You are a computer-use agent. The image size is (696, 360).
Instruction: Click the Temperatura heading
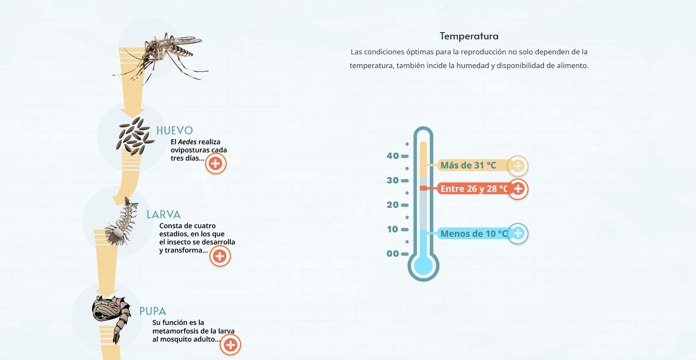coord(469,36)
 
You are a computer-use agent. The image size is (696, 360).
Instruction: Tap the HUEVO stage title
coord(175,131)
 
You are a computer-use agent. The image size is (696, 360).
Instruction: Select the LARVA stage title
coord(164,214)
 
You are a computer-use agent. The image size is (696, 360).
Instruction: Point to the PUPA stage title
coord(152,311)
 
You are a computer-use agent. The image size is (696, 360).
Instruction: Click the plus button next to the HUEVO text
coord(215,164)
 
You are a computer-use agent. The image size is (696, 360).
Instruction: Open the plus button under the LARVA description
coord(220,256)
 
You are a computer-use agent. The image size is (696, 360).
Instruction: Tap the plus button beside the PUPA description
coord(230,345)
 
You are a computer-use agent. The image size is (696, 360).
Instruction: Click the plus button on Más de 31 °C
coord(518,166)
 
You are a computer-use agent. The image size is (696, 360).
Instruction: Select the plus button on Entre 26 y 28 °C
coord(518,189)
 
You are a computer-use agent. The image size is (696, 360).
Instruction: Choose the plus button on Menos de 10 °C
coord(518,234)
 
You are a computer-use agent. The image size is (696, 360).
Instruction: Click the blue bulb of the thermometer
coord(423,266)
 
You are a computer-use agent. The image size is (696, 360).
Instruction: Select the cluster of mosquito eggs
coord(135,136)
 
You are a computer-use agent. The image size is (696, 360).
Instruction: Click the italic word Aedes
coord(187,142)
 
